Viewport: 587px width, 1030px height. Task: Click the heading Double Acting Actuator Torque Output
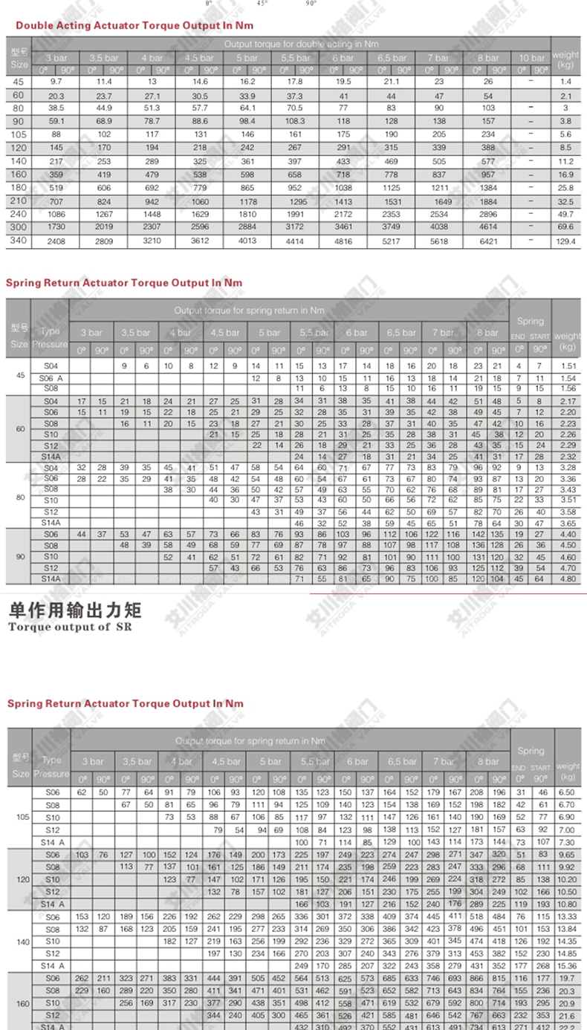pos(134,25)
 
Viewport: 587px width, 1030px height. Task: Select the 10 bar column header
pos(531,58)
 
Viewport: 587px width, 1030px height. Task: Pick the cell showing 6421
pos(488,241)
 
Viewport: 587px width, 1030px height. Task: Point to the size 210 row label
pos(19,201)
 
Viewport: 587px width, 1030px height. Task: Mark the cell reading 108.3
pos(294,120)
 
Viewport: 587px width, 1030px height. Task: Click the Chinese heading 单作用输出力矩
pos(74,612)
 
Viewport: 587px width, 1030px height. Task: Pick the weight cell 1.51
pos(568,365)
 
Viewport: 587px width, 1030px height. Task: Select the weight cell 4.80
pos(568,578)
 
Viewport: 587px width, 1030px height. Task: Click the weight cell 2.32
pos(568,455)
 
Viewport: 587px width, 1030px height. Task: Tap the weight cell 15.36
pos(568,965)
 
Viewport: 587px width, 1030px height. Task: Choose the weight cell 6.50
pos(568,792)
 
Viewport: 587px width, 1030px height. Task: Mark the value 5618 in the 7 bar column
pos(439,241)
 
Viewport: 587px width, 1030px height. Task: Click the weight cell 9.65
pos(568,855)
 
